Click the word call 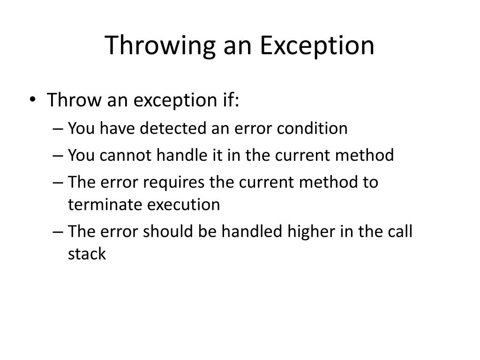click(x=402, y=232)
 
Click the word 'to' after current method click(x=370, y=182)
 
